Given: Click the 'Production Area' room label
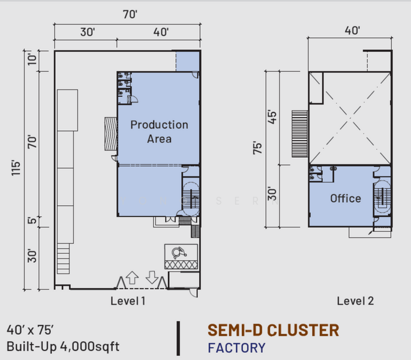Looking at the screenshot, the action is (160, 131).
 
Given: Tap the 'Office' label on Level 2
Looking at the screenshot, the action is (346, 199).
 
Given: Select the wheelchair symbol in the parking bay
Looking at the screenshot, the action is (179, 253).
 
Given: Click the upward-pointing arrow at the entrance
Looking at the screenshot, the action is (132, 278).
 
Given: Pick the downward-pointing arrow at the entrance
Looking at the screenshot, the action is (152, 278).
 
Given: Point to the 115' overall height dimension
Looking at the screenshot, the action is (16, 169).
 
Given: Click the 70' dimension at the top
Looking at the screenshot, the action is (130, 14).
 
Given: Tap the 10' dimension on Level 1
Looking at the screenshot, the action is (32, 59).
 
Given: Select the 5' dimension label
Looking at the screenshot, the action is (32, 220).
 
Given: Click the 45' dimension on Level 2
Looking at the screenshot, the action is (272, 117).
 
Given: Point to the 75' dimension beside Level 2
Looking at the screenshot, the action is (257, 148).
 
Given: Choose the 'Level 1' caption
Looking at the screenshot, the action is (128, 301).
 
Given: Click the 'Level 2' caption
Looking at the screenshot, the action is (355, 301).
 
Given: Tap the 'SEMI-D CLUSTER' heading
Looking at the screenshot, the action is (274, 330).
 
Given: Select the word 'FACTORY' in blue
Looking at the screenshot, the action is (236, 348).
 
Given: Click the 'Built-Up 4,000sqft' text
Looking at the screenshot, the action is (63, 346).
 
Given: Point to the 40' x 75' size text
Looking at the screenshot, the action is (30, 330).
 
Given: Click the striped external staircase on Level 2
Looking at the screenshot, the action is (300, 134).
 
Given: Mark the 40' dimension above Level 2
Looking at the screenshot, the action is (352, 31).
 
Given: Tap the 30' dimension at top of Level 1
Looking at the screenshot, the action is (88, 32).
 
